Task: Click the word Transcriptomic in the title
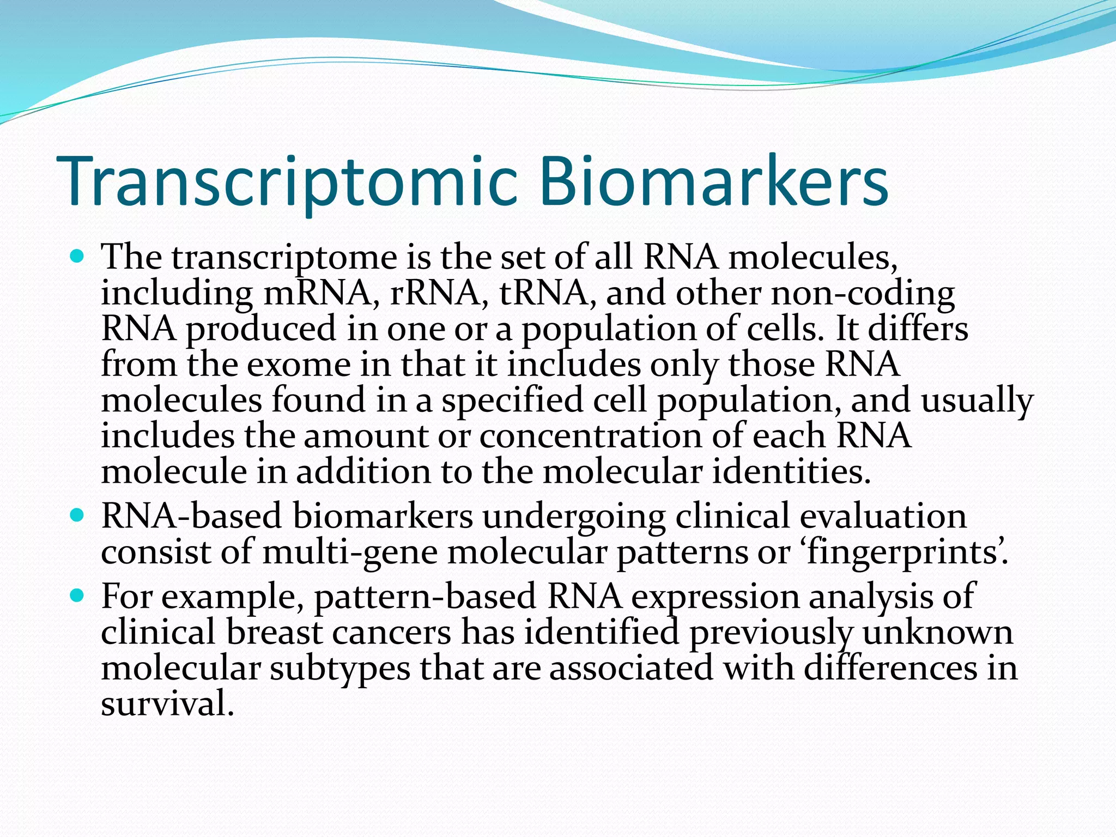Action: (289, 183)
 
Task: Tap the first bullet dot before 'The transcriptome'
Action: (77, 255)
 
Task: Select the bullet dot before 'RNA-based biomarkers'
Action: (77, 514)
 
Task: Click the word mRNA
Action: (321, 294)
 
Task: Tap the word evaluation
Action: (883, 516)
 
